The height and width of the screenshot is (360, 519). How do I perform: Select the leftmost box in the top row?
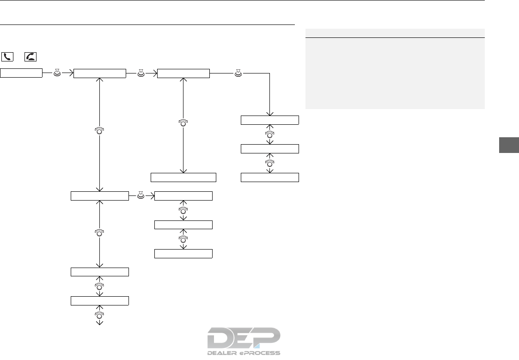21,73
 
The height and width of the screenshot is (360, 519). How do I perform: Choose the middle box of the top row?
100,73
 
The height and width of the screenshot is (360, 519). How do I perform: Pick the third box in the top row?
183,73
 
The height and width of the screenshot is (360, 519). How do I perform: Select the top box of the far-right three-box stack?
270,120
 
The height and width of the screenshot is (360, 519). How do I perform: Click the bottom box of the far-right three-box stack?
270,177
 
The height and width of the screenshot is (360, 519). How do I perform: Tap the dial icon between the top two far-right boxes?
270,134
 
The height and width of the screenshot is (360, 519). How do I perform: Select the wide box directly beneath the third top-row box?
183,177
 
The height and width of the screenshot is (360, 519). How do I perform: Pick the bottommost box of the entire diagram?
100,300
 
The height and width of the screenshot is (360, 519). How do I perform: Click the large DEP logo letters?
244,338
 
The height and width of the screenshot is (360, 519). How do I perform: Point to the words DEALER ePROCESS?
244,353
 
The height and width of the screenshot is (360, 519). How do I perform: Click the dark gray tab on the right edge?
509,144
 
